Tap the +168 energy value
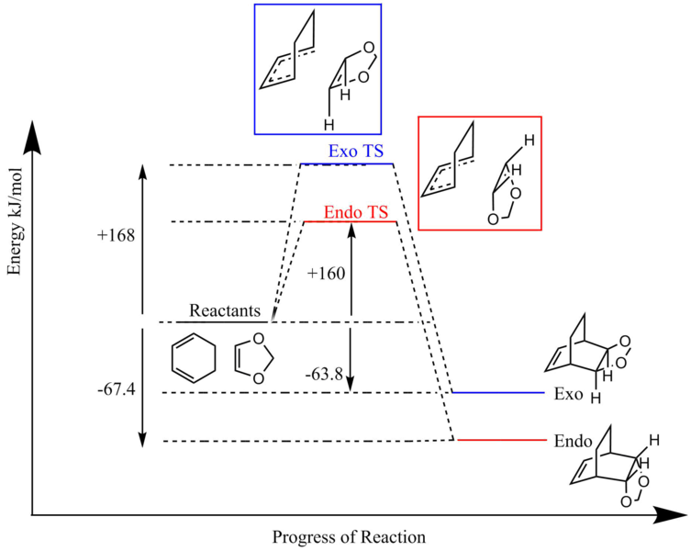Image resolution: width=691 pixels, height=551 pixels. tap(117, 235)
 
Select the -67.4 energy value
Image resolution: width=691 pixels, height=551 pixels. tap(117, 390)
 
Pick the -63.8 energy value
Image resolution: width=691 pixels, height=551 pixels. tap(326, 375)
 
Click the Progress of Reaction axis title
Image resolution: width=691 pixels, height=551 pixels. tap(349, 536)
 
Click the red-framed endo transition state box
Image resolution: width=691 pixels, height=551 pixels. tap(479, 171)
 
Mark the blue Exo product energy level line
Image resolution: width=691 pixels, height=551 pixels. tap(500, 392)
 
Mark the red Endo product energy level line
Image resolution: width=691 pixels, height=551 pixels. tap(503, 440)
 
